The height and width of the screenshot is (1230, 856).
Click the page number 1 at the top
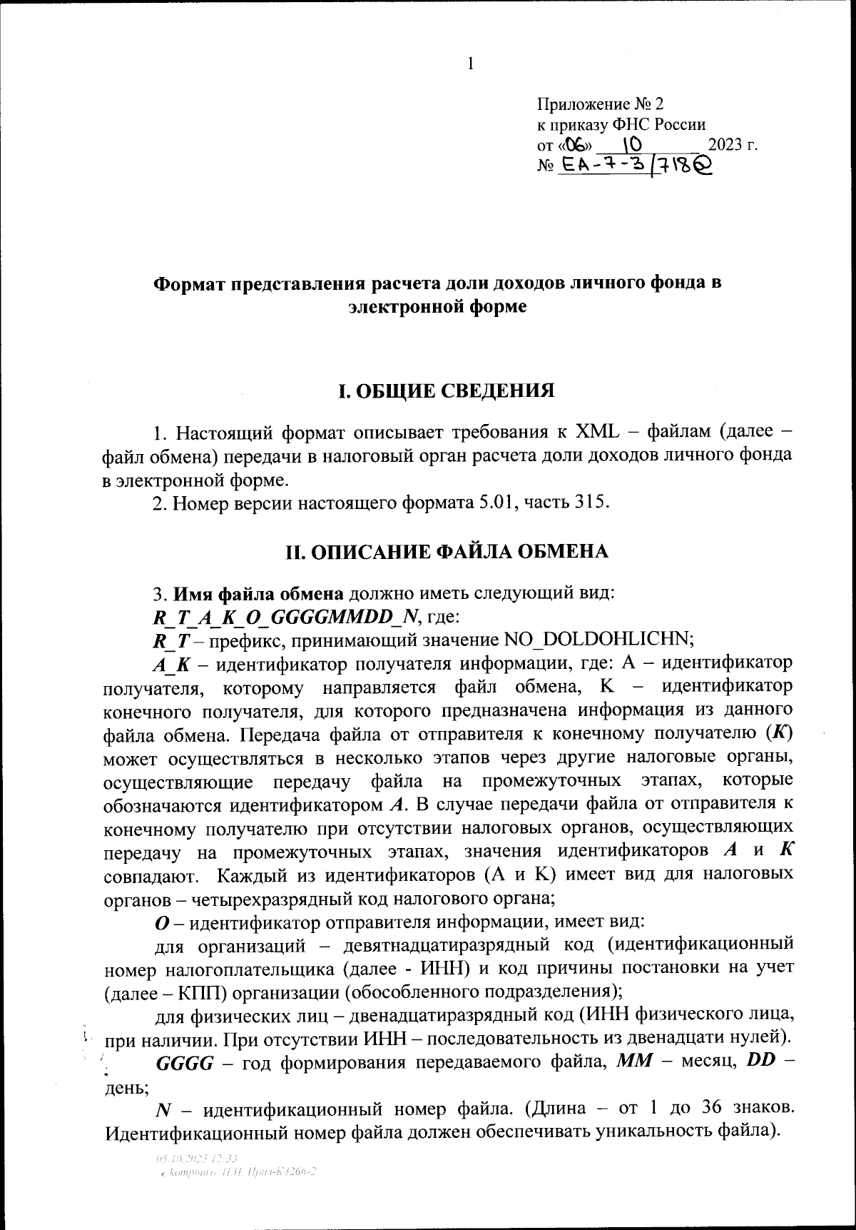470,64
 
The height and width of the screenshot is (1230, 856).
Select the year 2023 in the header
725,145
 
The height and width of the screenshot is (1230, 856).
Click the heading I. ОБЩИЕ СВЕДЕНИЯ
446,390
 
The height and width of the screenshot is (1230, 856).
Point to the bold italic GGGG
184,1062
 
